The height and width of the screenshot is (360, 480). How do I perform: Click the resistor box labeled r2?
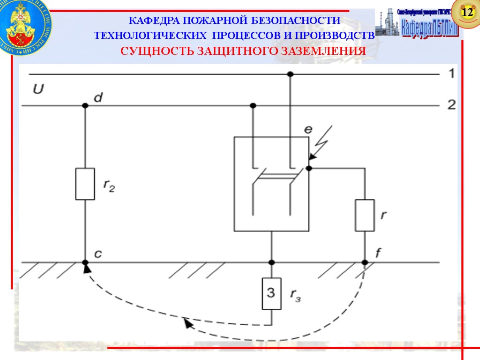pos(85,184)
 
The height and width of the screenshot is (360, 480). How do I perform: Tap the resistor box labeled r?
pos(365,215)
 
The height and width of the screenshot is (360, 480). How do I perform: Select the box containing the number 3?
pos(271,294)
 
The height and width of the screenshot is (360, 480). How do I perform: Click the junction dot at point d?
pos(85,105)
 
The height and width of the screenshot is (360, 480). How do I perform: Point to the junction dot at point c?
pos(85,262)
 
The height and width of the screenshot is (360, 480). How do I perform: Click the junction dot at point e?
pos(309,168)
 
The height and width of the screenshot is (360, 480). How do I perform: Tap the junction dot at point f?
pos(365,262)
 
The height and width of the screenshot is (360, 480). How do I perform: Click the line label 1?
pos(450,74)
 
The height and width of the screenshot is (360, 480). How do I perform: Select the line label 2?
pos(451,105)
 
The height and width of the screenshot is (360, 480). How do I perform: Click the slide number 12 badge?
pos(467,13)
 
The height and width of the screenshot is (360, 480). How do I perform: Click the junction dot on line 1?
pos(290,74)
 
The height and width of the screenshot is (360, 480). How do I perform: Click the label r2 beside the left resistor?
pos(109,186)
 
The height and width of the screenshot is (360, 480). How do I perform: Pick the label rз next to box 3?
pos(296,295)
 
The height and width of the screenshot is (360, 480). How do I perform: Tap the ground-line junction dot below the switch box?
pos(271,262)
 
